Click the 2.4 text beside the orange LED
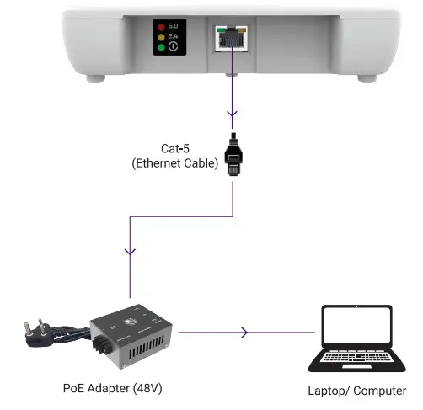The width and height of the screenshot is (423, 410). tap(173, 38)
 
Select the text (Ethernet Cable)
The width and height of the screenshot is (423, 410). tap(175, 162)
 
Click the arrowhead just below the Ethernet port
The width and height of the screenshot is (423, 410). tap(232, 114)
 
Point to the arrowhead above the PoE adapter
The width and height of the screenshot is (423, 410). tap(129, 251)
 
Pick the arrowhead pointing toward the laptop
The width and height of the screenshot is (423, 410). tap(244, 333)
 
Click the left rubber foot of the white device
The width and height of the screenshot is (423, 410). tap(93, 78)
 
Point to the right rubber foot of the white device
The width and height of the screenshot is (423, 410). tap(367, 78)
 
